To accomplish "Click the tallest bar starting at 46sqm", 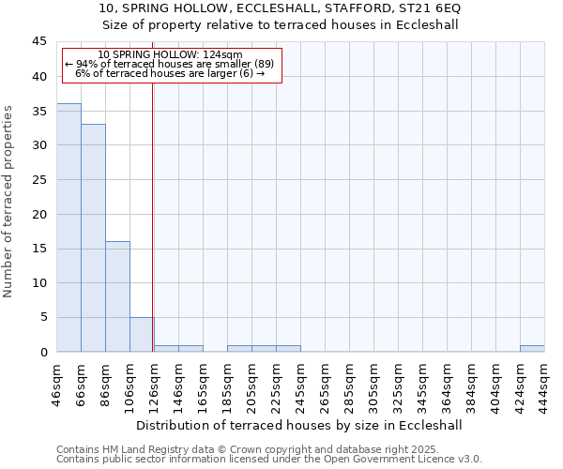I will click(x=68, y=227).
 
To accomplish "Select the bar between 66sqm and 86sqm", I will click(x=93, y=237).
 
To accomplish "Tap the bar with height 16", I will click(x=117, y=296).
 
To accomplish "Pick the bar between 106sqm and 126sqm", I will click(x=142, y=334).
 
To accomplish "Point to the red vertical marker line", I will click(x=152, y=206).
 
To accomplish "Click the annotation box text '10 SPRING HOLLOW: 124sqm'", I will click(x=170, y=55).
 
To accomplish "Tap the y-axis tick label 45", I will click(x=39, y=42).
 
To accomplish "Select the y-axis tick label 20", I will click(x=39, y=214).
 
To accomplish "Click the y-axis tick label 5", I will click(x=43, y=317).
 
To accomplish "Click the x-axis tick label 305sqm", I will click(x=374, y=381).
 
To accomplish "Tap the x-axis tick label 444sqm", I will click(x=544, y=381).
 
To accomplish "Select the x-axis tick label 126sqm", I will click(x=155, y=381).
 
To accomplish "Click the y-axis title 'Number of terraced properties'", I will click(x=8, y=201).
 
